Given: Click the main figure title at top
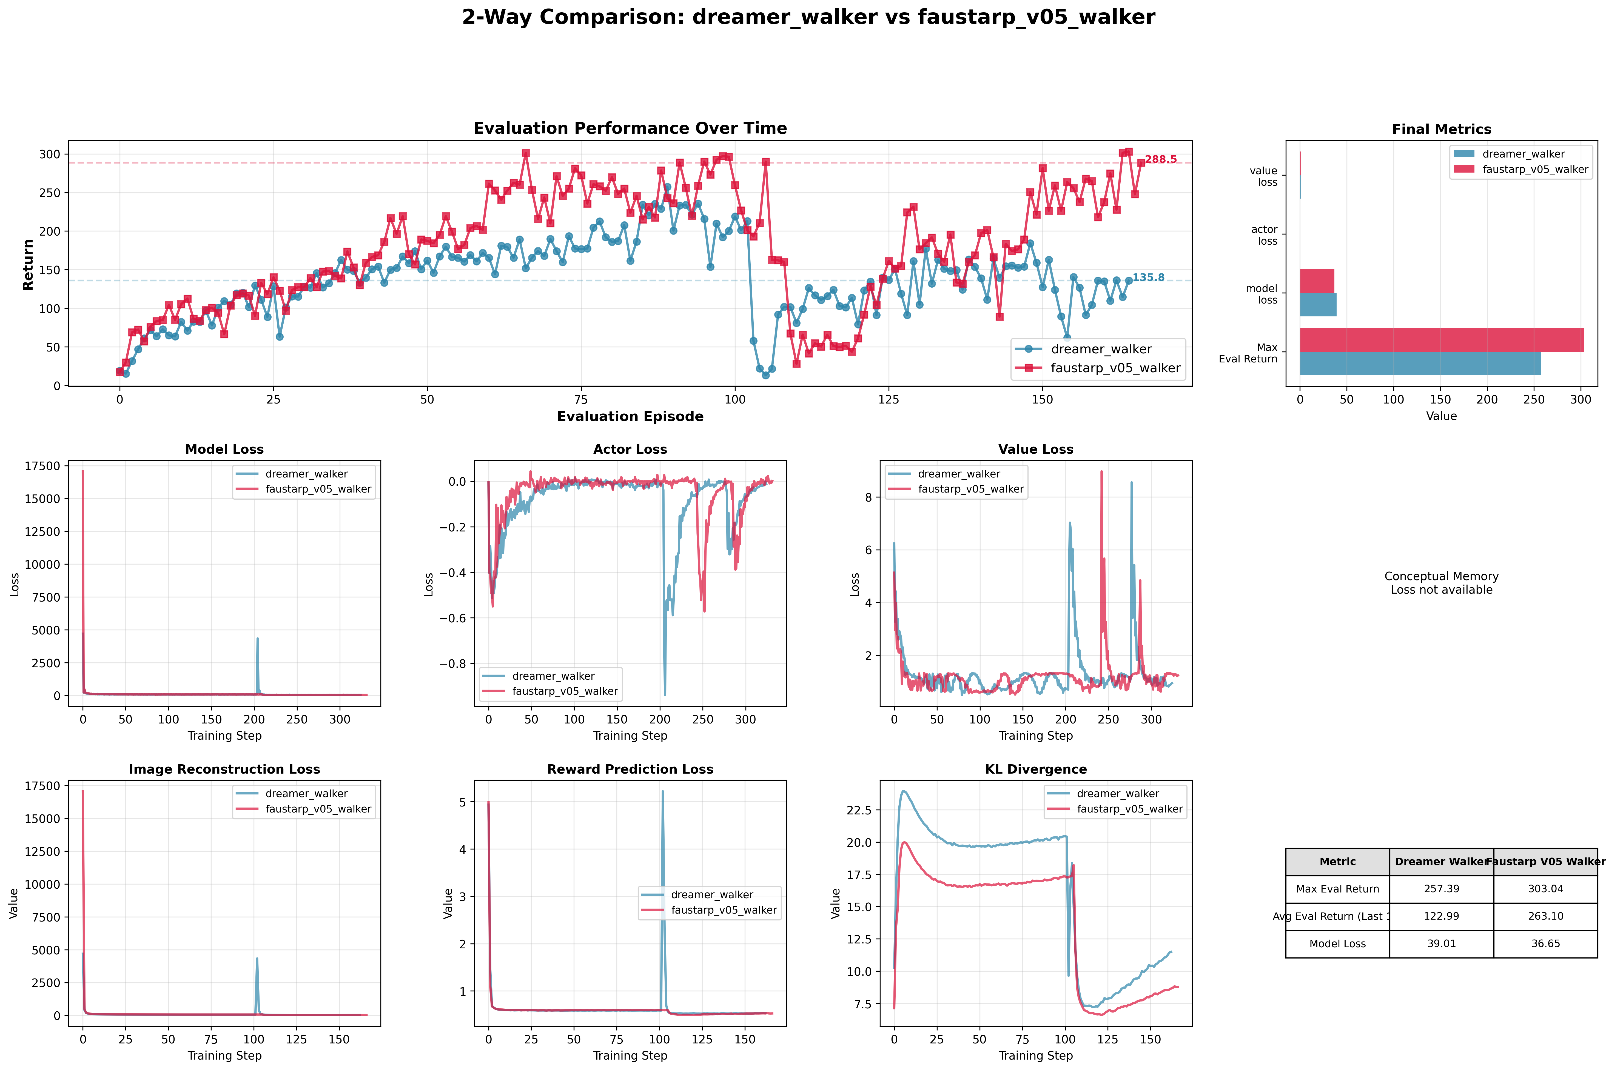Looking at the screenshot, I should click(808, 17).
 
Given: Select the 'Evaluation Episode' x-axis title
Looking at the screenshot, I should click(629, 416).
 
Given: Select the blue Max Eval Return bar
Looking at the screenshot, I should click(1420, 364).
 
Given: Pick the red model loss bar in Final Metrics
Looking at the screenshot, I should click(1317, 281).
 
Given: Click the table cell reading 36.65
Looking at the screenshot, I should click(1545, 944).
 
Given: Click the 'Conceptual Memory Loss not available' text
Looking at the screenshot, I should click(1441, 583).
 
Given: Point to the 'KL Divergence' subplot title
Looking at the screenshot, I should click(1035, 769).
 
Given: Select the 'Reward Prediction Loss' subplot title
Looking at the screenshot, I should click(629, 769).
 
